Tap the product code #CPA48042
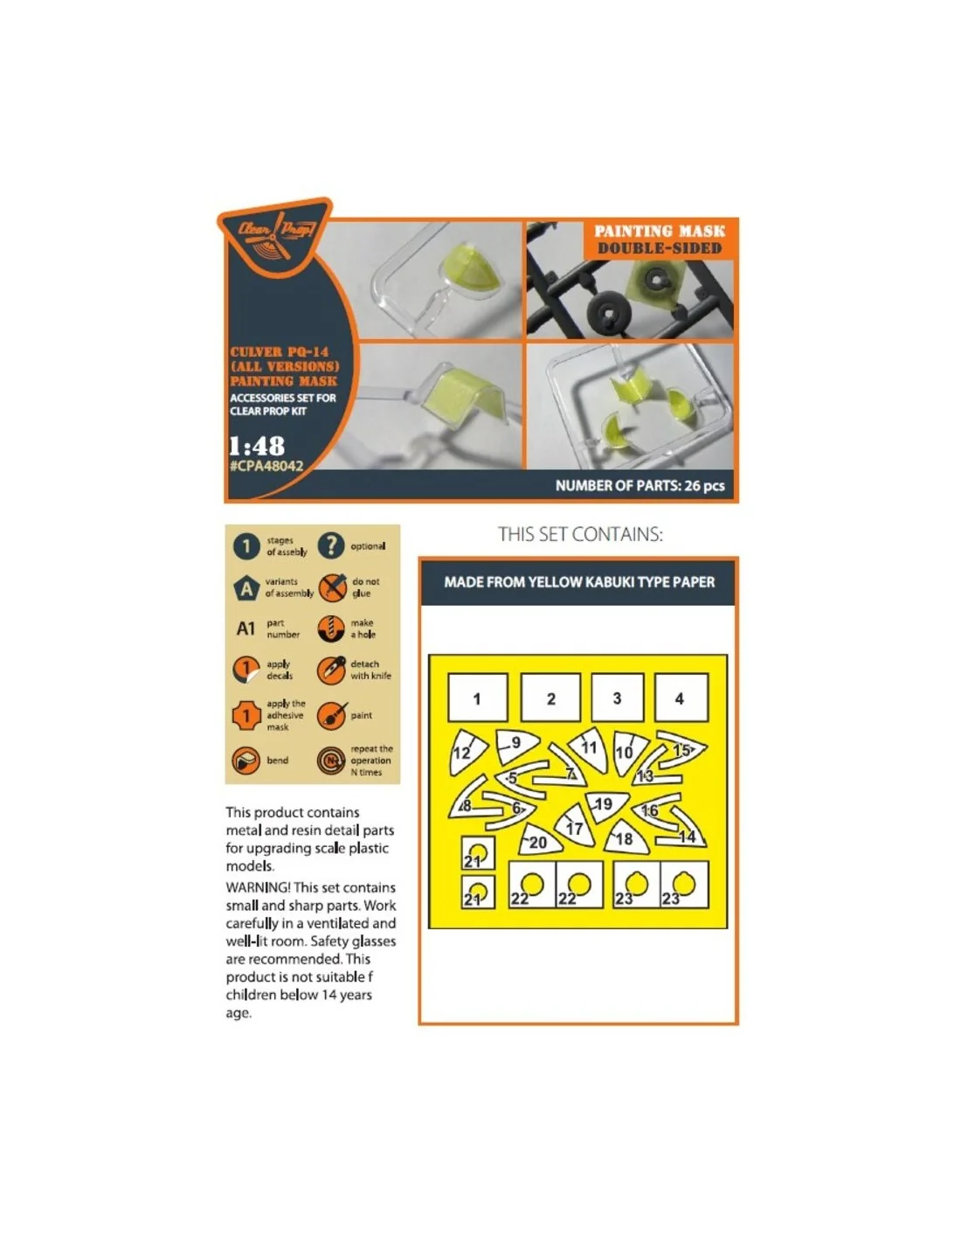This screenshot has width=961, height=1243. [266, 466]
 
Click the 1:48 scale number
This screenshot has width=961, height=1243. [257, 446]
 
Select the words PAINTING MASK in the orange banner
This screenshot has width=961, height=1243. [659, 231]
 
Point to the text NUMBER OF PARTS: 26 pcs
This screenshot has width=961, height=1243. [640, 486]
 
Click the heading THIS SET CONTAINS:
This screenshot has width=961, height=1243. [580, 534]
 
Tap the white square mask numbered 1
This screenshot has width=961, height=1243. [477, 697]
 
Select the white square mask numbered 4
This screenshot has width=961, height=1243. [681, 697]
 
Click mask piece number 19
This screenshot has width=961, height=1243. [606, 806]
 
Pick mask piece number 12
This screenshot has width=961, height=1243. [467, 752]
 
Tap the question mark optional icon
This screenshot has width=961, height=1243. [331, 545]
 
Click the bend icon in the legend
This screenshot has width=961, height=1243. [246, 760]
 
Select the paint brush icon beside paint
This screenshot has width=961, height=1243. [332, 715]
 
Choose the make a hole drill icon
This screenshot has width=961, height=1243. [331, 628]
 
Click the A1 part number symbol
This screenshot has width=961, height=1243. [245, 628]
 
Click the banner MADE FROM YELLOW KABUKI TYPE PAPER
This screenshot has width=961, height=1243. [579, 582]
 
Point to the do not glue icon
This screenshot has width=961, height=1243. [332, 587]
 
